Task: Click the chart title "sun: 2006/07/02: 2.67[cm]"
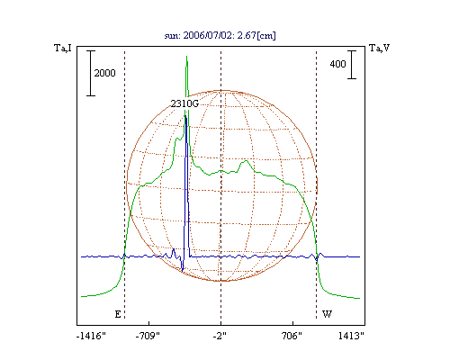[220, 35]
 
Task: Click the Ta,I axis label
[63, 48]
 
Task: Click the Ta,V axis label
[379, 48]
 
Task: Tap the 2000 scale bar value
[104, 73]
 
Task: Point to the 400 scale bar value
[337, 64]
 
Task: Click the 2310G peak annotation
[184, 103]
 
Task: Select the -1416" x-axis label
[91, 336]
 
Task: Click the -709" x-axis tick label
[148, 336]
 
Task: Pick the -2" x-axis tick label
[220, 336]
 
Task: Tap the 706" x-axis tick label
[292, 336]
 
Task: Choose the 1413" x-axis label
[351, 336]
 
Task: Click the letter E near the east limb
[118, 314]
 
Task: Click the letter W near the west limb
[327, 314]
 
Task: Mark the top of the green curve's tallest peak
[186, 56]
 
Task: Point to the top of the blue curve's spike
[185, 116]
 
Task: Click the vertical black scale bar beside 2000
[91, 73]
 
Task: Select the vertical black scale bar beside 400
[352, 65]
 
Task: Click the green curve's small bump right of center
[246, 161]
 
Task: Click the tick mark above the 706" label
[292, 323]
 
